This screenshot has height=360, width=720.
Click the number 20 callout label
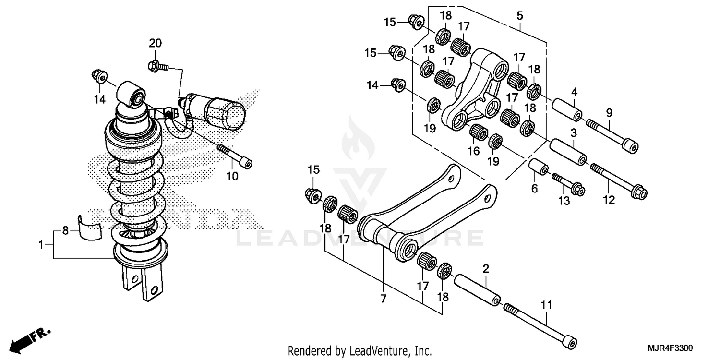coord(155,43)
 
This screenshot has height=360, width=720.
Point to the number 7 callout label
coord(383,299)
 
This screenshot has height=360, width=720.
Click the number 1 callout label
coord(41,245)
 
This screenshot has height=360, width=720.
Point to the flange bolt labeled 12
coord(619,180)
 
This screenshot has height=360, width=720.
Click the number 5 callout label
coord(519,15)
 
